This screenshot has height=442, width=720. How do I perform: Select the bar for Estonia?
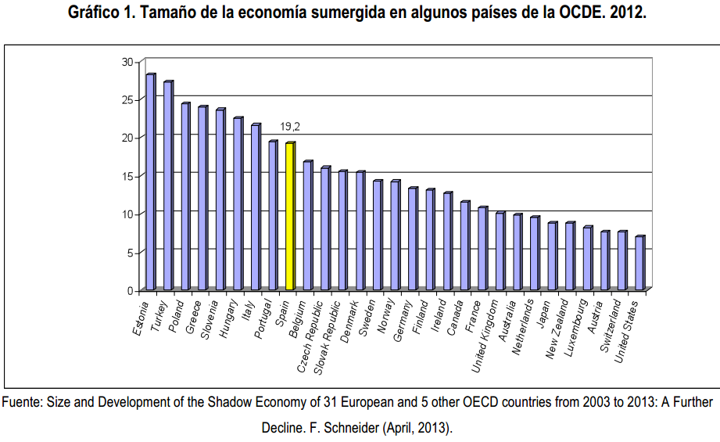[150, 181]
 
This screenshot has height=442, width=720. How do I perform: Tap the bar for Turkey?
[168, 185]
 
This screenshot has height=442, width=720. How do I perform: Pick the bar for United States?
[639, 263]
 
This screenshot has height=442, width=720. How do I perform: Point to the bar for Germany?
[412, 239]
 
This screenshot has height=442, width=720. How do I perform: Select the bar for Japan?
[552, 257]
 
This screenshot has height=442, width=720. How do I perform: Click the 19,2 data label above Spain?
[290, 126]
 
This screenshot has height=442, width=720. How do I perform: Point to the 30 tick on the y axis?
[127, 61]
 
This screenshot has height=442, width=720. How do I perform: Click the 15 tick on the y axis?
[127, 176]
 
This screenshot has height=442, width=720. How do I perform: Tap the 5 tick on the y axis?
[130, 252]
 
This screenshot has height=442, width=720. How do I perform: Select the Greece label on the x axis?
[194, 318]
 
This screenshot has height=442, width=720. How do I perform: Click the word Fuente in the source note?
[23, 403]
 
